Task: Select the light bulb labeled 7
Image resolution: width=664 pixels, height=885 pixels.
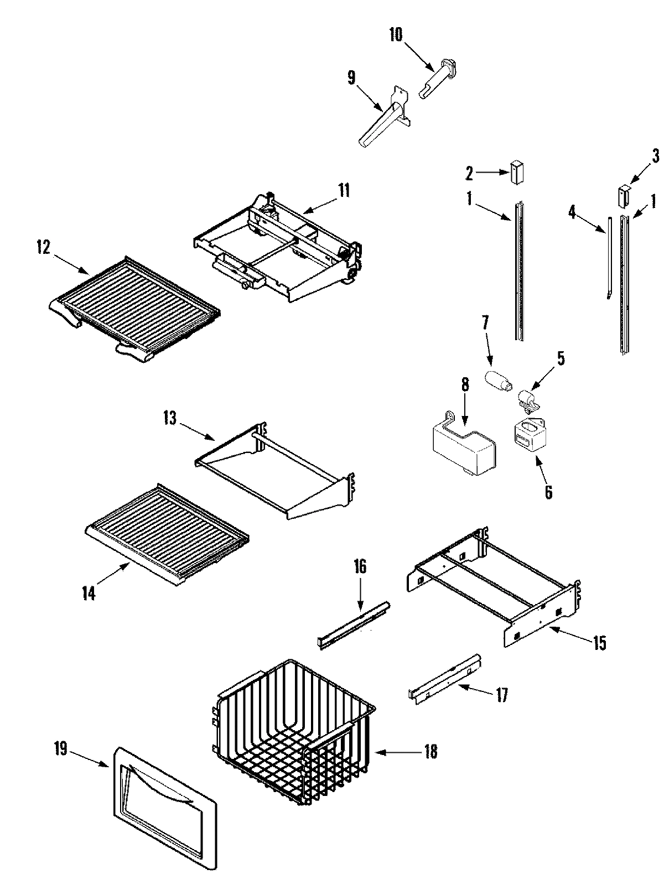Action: click(x=496, y=381)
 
